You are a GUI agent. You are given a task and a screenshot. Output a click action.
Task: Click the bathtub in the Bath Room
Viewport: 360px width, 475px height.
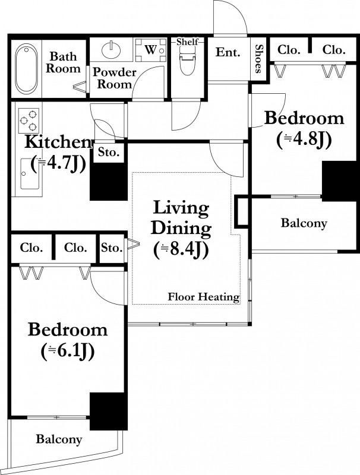pyautogui.click(x=27, y=69)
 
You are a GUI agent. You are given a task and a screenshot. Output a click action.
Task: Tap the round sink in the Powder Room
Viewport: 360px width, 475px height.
pyautogui.click(x=111, y=50)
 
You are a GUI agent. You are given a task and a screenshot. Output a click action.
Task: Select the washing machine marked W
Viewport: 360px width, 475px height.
pyautogui.click(x=151, y=50)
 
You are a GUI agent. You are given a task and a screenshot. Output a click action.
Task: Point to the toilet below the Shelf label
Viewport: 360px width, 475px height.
pyautogui.click(x=187, y=63)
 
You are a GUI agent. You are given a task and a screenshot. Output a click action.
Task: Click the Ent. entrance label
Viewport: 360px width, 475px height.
pyautogui.click(x=228, y=52)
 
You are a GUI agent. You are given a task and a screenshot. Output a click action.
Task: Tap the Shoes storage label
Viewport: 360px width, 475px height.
pyautogui.click(x=258, y=59)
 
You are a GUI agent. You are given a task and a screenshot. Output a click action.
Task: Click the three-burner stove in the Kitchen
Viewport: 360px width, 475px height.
pyautogui.click(x=29, y=121)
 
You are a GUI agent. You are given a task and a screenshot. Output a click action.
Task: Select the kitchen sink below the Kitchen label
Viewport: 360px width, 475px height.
pyautogui.click(x=30, y=173)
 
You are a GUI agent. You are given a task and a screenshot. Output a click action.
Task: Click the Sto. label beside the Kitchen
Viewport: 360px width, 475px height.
pyautogui.click(x=109, y=152)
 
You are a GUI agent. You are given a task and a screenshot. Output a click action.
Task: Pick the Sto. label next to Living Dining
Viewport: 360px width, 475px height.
pyautogui.click(x=112, y=248)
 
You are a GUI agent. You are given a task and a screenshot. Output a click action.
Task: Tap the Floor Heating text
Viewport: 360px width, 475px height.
pyautogui.click(x=204, y=296)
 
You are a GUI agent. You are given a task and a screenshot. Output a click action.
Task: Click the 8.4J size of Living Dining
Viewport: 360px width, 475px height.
pyautogui.click(x=181, y=251)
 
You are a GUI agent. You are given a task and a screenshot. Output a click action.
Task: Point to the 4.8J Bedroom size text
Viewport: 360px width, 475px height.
pyautogui.click(x=304, y=140)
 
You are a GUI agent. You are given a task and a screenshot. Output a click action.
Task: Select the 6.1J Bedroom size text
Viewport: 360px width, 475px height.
pyautogui.click(x=68, y=351)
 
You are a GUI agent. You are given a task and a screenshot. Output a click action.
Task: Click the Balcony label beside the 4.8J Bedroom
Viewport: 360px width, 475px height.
pyautogui.click(x=304, y=223)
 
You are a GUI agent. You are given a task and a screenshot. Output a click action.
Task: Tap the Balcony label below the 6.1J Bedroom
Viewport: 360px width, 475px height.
pyautogui.click(x=59, y=439)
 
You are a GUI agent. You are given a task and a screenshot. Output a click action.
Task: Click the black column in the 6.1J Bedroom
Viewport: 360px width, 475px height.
pyautogui.click(x=108, y=411)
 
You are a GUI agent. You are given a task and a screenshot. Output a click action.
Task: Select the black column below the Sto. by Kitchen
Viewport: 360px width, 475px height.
pyautogui.click(x=109, y=182)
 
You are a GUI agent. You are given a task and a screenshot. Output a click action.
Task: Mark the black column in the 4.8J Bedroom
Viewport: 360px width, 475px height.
pyautogui.click(x=339, y=181)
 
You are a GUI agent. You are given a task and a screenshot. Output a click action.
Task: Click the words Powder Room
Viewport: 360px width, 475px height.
pyautogui.click(x=114, y=78)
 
